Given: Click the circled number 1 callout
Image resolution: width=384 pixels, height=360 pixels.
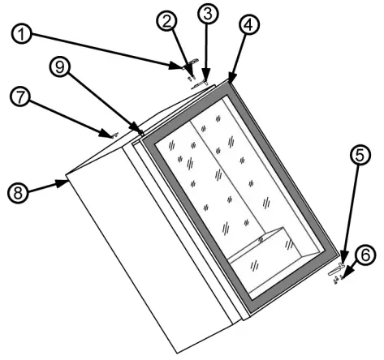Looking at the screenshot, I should point(16,36).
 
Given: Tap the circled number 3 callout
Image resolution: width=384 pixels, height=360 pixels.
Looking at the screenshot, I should point(208,14).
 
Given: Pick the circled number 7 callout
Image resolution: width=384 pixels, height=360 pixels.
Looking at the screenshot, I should point(17,97).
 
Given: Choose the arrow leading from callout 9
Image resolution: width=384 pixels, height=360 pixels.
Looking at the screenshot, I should point(102,102).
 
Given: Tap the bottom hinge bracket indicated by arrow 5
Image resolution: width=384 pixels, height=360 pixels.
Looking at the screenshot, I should point(337,272).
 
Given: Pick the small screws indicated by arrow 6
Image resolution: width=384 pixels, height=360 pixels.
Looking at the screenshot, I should point(347,281).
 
